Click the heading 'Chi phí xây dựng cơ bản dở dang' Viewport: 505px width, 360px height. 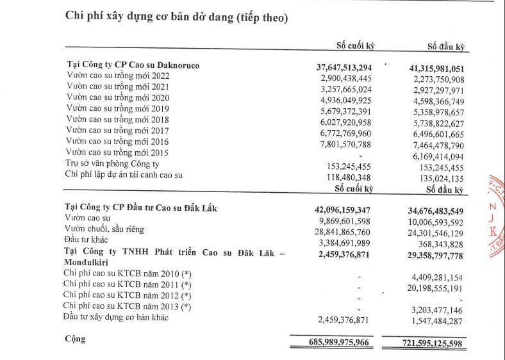(x=176, y=17)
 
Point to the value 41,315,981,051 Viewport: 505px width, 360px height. (x=427, y=67)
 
